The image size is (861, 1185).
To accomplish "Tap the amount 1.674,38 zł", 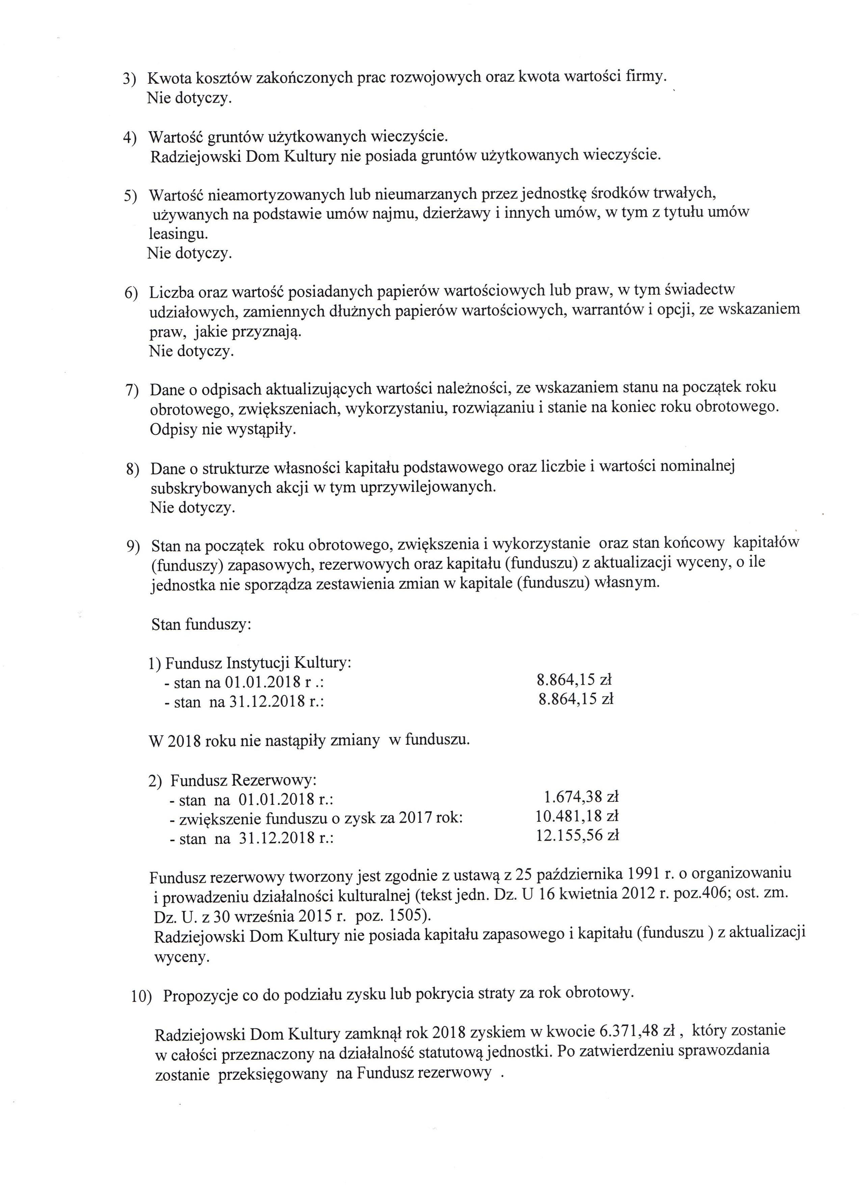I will click(x=581, y=797).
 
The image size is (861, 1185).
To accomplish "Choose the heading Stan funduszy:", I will click(x=201, y=624).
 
